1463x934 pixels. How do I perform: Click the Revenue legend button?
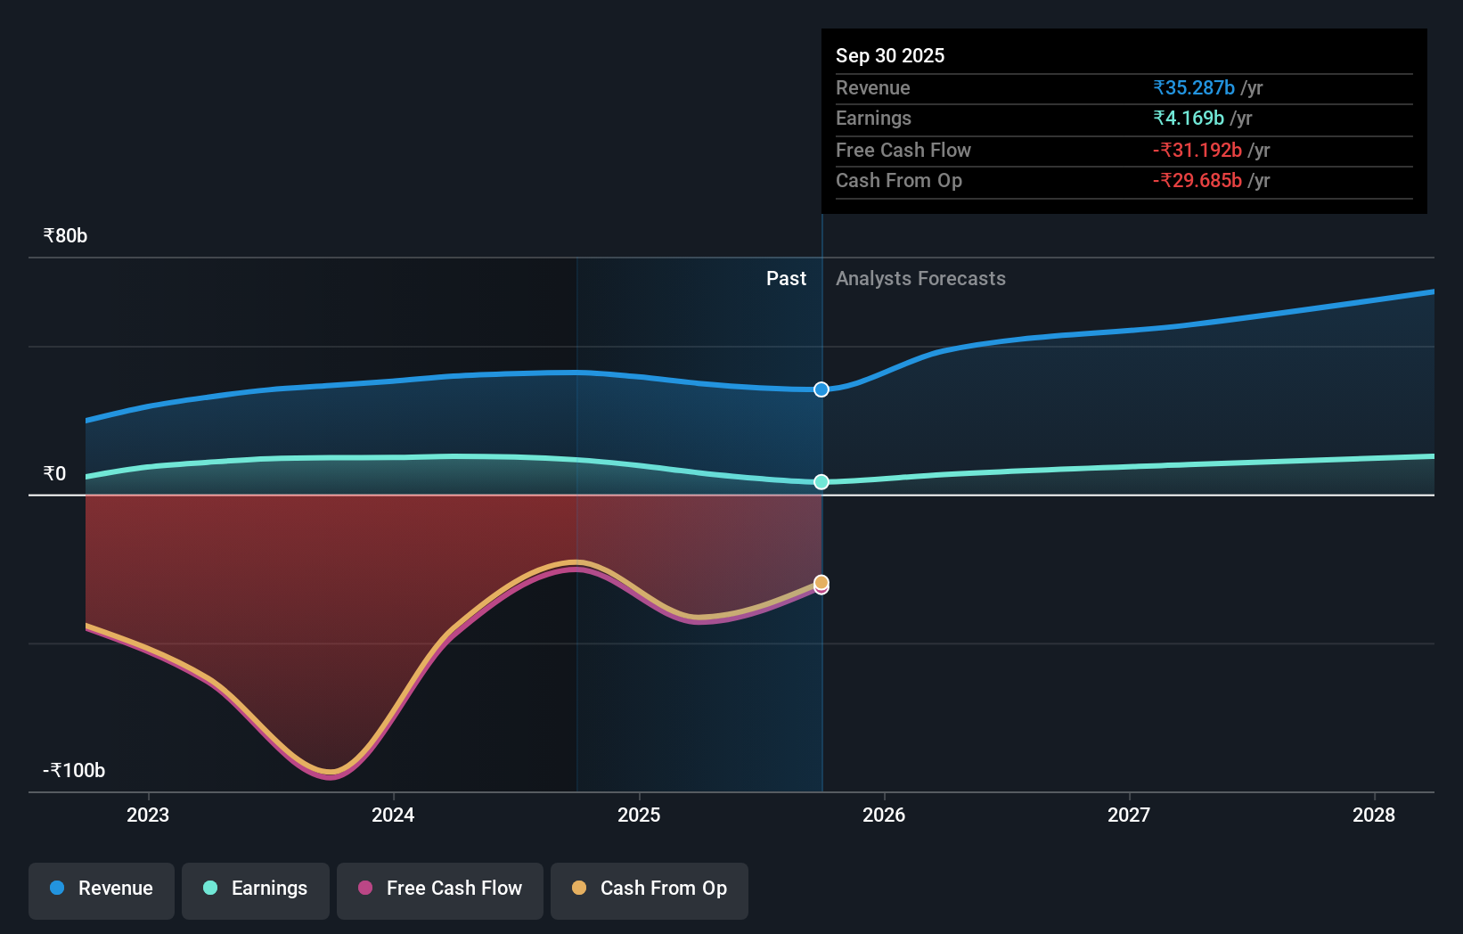point(102,889)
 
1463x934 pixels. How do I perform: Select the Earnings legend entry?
point(256,889)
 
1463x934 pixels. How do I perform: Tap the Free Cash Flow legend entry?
point(440,889)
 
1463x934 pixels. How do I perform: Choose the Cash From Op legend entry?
point(650,889)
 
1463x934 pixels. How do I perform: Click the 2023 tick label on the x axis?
point(148,815)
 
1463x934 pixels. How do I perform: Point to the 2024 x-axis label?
point(393,815)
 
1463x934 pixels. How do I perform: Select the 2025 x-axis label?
point(639,815)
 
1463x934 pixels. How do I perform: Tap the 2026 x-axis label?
point(884,815)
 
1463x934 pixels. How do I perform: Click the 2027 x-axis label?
point(1129,815)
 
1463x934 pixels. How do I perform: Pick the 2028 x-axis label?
point(1374,815)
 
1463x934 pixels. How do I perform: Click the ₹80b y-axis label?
point(65,236)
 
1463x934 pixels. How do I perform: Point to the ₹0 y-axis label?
point(54,474)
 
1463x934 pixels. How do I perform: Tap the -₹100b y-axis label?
point(74,771)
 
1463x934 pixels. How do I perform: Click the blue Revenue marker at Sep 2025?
point(821,389)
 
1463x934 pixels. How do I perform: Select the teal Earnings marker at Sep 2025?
point(821,482)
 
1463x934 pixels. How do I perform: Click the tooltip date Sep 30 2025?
point(890,56)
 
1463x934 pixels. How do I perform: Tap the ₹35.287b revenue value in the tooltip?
point(1194,88)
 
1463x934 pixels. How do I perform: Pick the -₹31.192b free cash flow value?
point(1197,151)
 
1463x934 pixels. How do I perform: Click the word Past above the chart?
point(786,279)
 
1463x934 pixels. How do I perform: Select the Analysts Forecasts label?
point(920,279)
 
